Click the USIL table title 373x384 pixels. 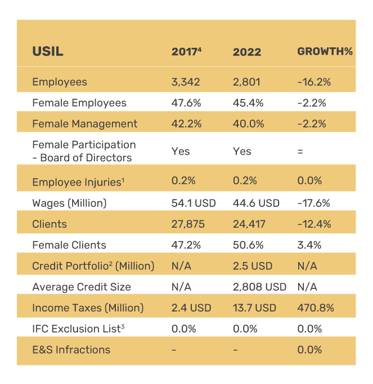(x=47, y=52)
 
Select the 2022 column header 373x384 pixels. (x=247, y=52)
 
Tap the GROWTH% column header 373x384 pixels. (x=325, y=52)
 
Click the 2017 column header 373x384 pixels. (x=186, y=52)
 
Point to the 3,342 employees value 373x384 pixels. (x=186, y=82)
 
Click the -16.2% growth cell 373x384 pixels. (x=314, y=82)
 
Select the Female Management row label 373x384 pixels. (x=84, y=124)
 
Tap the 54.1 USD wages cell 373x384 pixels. (x=193, y=203)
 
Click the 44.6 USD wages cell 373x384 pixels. (x=256, y=203)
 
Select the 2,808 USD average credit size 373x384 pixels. (x=259, y=287)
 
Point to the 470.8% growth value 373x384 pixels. (x=316, y=308)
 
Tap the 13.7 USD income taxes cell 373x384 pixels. (x=254, y=308)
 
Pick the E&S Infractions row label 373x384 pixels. (x=71, y=350)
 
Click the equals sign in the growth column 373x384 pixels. (x=300, y=151)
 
